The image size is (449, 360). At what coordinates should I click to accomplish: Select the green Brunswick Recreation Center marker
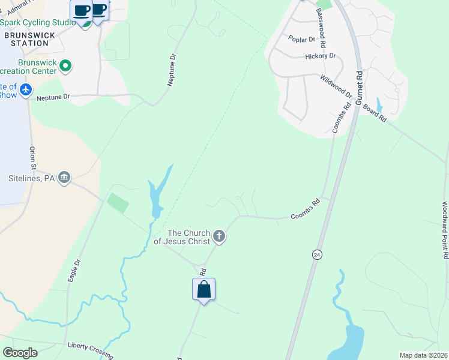66,66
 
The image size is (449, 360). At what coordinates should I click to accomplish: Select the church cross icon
219,236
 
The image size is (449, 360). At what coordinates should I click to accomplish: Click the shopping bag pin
203,289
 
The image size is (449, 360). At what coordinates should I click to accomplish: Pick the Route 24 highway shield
316,254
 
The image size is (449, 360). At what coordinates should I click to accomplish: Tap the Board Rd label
375,112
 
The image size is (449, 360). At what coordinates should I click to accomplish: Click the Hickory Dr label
320,56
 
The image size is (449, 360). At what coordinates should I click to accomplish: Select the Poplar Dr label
301,40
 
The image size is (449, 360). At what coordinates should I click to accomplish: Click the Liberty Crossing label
90,346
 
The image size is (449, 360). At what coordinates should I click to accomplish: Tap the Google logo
20,352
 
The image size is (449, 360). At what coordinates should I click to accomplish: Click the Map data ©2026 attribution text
423,355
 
